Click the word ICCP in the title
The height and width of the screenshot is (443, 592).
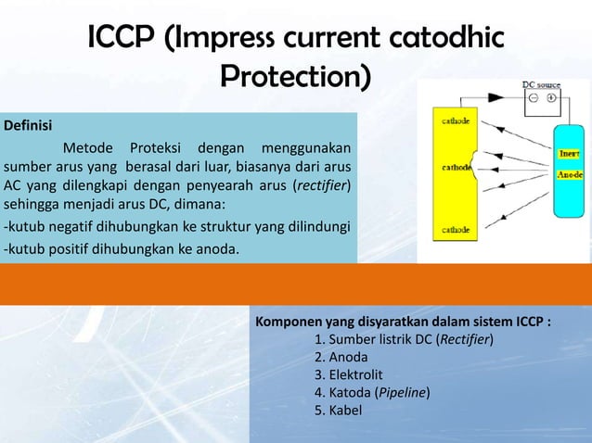(122, 39)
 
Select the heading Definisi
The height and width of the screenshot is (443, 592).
(28, 124)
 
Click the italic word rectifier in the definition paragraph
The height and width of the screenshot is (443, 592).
(321, 185)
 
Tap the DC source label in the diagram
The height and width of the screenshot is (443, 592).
(542, 84)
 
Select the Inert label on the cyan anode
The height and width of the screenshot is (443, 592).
(569, 155)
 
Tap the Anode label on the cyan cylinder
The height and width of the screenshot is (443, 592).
(569, 173)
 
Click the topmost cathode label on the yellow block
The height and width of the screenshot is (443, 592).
(454, 119)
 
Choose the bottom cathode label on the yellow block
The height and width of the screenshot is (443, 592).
(454, 228)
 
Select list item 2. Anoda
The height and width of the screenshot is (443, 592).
(341, 357)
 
